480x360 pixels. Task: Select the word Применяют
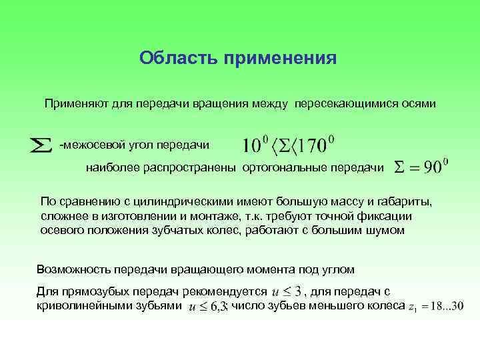coord(75,104)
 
